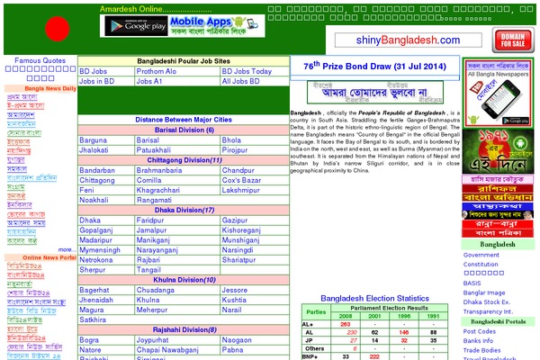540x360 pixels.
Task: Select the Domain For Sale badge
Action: coord(511,40)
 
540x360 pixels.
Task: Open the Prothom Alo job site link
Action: coord(157,71)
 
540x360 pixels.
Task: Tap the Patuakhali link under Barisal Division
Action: coord(157,150)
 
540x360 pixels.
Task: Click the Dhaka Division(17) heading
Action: coord(183,210)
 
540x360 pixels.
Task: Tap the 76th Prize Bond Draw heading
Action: coord(373,66)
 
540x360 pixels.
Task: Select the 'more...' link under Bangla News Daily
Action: coord(67,249)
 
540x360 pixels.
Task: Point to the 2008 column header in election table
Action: coord(345,315)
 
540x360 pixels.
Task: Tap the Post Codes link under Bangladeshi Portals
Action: coord(480,331)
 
